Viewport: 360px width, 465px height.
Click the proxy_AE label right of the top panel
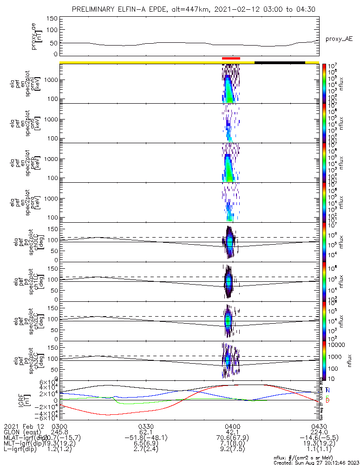click(x=339, y=39)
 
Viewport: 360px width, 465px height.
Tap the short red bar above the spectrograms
click(x=231, y=59)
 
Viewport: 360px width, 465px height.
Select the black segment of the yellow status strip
click(x=280, y=62)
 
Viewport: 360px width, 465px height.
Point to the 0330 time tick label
click(x=146, y=426)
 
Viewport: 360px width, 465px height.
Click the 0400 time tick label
click(x=232, y=426)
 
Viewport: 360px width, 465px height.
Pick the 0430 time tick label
click(x=319, y=426)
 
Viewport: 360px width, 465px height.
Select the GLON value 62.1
click(x=146, y=432)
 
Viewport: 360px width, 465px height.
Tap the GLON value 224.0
click(x=319, y=432)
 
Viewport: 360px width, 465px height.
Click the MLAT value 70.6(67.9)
click(x=232, y=438)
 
